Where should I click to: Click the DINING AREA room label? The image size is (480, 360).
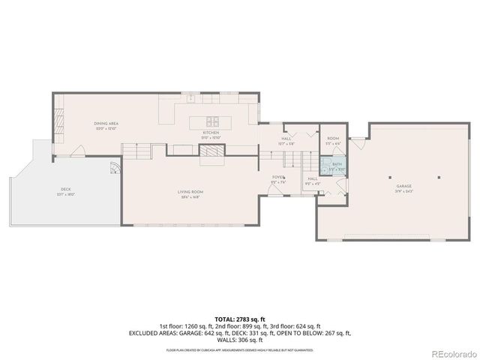tap(106, 123)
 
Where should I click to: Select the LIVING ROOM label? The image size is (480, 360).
tap(190, 192)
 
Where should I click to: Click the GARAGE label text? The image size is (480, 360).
tap(404, 185)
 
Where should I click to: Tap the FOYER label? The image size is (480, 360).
tap(278, 177)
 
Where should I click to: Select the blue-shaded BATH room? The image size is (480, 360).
tap(336, 166)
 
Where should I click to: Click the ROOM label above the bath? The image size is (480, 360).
tap(334, 138)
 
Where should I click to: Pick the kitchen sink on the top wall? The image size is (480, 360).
tap(191, 97)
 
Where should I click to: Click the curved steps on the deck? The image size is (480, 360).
tap(114, 168)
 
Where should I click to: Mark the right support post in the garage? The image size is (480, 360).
tap(439, 178)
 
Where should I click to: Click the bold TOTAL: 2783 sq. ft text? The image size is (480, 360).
tap(239, 319)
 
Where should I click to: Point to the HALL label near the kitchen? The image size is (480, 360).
tap(286, 138)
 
